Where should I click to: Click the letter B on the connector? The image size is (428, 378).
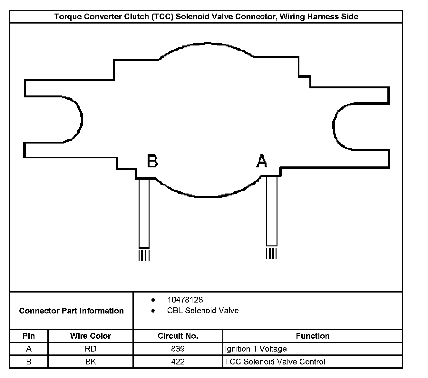pos(152,161)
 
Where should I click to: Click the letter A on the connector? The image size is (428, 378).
pos(262,161)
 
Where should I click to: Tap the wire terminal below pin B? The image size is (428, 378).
pos(144,213)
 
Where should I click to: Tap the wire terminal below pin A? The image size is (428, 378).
pos(272,211)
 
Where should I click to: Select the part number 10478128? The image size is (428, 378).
pos(185,300)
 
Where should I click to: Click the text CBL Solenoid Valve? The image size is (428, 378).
pos(203,311)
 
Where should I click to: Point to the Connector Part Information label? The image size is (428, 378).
pos(71,311)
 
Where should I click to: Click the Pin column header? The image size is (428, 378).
pos(29,336)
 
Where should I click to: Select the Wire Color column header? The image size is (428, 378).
pos(91,336)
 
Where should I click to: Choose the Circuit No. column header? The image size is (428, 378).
pos(178,336)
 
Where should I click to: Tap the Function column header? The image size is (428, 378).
pos(313,336)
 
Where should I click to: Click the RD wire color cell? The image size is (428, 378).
pos(91,349)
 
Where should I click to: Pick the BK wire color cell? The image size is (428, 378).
pos(91,362)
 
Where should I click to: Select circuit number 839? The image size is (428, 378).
pos(178,349)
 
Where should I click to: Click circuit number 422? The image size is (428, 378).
pos(178,362)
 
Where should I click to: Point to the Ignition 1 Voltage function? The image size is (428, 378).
pos(256,349)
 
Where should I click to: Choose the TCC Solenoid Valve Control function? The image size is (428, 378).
pos(275,362)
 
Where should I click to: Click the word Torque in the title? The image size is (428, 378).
pos(67,17)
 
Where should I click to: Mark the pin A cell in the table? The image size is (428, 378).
pos(29,349)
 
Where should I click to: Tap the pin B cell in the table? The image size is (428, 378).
pos(29,362)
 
